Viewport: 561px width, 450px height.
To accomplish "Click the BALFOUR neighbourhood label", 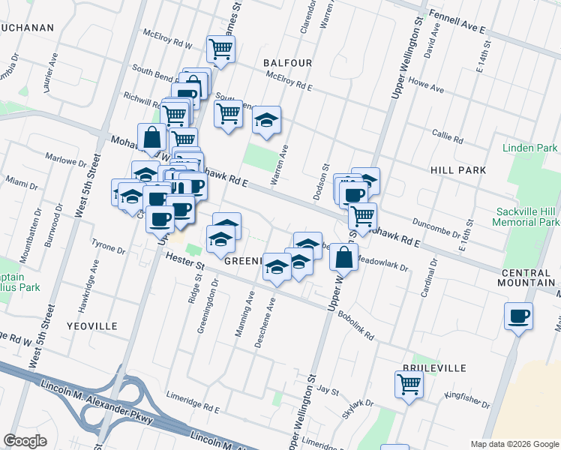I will pyautogui.click(x=287, y=64).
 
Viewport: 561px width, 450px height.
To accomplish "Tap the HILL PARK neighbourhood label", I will pyautogui.click(x=459, y=171).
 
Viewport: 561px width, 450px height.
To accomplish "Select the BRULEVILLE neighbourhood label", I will pyautogui.click(x=434, y=368).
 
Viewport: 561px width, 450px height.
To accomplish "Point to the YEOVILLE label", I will pyautogui.click(x=91, y=326).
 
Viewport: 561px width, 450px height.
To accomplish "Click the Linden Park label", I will pyautogui.click(x=530, y=148).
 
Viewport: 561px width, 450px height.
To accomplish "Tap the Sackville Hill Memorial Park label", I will pyautogui.click(x=526, y=217).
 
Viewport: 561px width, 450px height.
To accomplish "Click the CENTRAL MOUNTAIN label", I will pyautogui.click(x=528, y=277).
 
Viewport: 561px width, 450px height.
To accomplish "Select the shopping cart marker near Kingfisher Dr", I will pyautogui.click(x=409, y=385).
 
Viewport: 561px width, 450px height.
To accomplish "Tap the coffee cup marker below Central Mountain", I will pyautogui.click(x=518, y=316).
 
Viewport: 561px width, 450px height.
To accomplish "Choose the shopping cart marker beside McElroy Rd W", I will pyautogui.click(x=221, y=49).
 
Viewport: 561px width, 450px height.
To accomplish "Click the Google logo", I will pyautogui.click(x=25, y=440).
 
